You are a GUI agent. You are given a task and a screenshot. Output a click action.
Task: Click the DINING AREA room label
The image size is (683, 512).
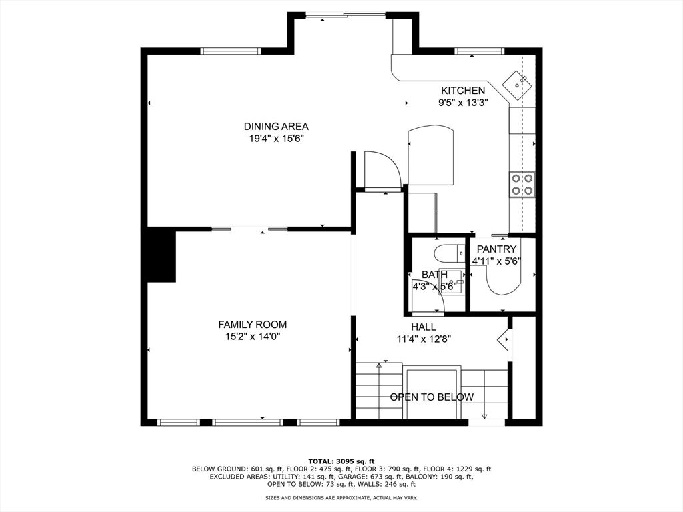pos(276,127)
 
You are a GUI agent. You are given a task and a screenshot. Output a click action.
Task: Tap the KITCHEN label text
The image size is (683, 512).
pos(463,91)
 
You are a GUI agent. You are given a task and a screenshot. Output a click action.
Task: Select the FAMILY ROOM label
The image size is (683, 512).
pos(253,325)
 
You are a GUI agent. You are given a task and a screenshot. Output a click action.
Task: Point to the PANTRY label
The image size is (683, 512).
pos(496,249)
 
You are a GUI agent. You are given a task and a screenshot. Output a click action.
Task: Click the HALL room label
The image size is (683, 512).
pos(424,327)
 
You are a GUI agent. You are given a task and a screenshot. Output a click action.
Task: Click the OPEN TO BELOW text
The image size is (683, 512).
pos(432,397)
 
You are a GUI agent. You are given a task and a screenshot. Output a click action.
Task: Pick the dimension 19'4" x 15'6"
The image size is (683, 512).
pos(276,139)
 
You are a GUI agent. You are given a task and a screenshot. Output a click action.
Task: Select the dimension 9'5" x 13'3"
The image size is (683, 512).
pos(463,103)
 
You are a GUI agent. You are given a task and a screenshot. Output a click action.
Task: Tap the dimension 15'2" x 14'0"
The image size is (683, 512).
pos(253,337)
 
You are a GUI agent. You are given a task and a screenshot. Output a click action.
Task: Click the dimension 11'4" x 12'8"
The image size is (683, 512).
pos(424,339)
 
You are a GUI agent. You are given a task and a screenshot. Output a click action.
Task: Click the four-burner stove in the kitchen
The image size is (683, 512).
pos(522,184)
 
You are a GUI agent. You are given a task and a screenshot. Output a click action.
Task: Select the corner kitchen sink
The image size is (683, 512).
pos(517,85)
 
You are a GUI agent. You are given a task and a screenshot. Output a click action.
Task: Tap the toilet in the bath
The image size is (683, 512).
pos(449,253)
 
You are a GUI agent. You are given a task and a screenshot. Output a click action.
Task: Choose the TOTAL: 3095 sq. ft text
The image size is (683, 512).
pos(341,461)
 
